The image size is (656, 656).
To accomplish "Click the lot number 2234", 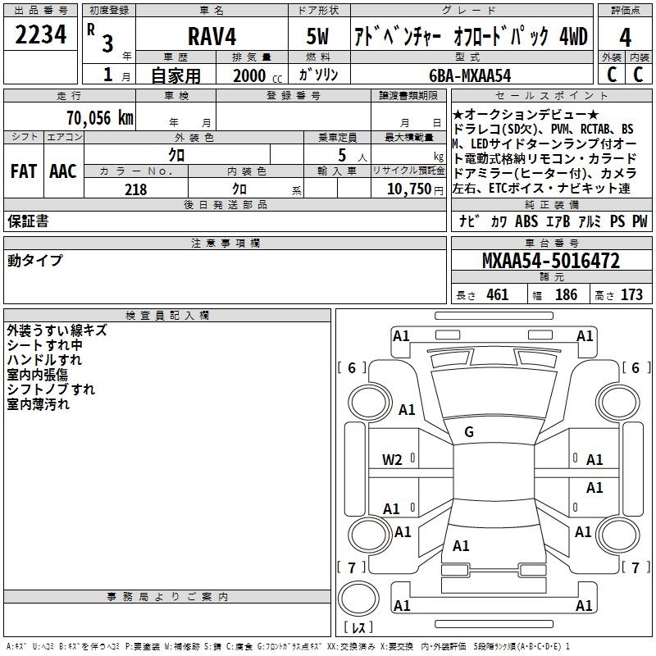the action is (40, 34).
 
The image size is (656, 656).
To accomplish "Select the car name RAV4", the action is (212, 36).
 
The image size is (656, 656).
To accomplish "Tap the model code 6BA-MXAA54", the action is (470, 75).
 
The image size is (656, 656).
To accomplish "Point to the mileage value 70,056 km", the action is (100, 118).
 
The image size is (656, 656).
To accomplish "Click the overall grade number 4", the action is (625, 38).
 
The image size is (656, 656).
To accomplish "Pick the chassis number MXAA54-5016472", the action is (551, 261).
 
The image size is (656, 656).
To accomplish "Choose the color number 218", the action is (136, 189).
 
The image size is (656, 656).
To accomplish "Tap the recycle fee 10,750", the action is (408, 189).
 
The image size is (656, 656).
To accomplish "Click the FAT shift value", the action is (24, 171).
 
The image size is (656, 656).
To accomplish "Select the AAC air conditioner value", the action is (63, 171).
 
